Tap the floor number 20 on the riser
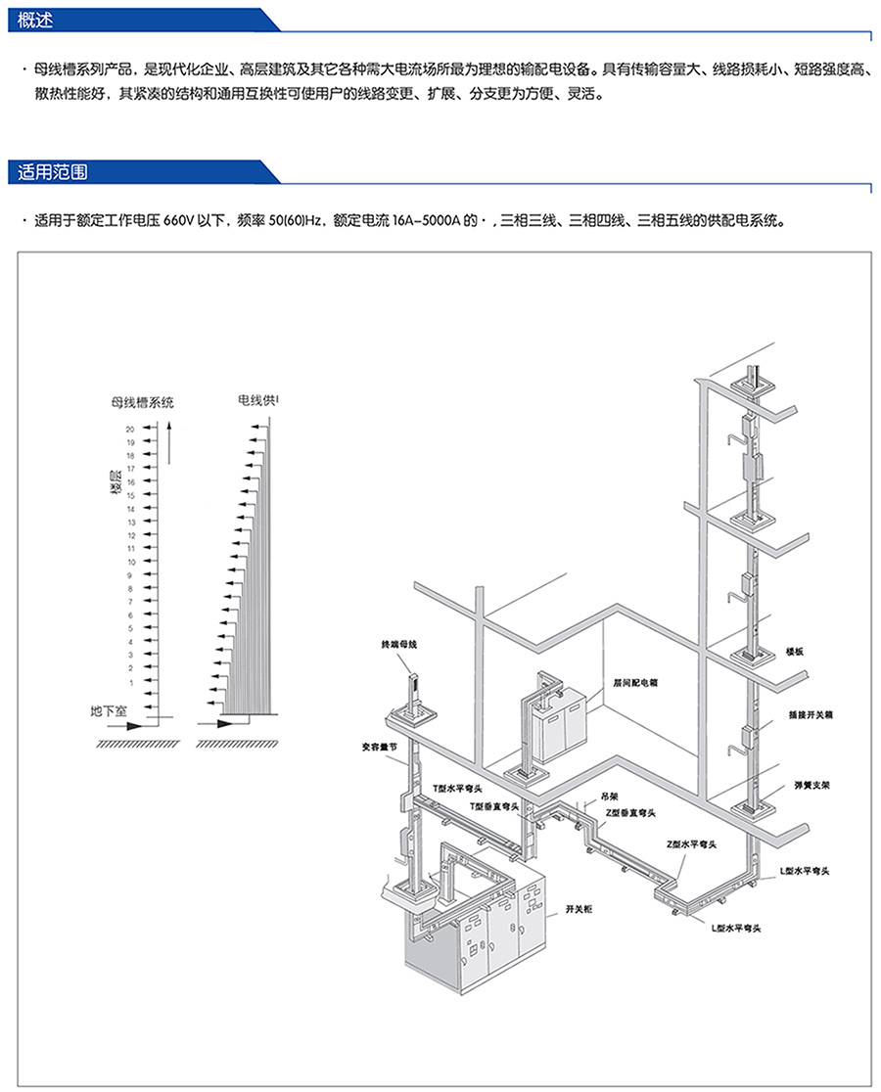[x=130, y=429]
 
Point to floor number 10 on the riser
[x=130, y=562]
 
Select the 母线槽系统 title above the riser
[x=142, y=401]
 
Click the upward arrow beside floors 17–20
[x=168, y=441]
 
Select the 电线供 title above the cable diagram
[x=257, y=400]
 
